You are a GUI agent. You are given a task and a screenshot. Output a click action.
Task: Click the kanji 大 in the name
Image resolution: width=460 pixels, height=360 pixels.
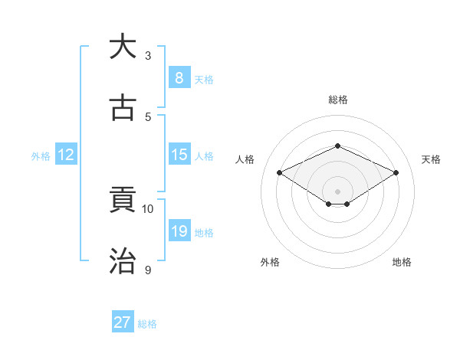[x=123, y=47]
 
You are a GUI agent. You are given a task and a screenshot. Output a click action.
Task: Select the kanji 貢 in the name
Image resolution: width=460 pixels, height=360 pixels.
[x=123, y=201]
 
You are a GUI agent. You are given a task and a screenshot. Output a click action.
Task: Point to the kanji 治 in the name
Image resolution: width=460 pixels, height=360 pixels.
[x=123, y=261]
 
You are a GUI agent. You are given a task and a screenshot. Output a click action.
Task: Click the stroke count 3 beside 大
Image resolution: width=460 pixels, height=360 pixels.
[x=148, y=56]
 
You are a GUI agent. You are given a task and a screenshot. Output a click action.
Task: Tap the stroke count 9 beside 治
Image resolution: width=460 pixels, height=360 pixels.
[x=148, y=270]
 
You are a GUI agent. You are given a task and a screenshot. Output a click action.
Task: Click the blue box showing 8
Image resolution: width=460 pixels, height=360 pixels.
[x=179, y=77]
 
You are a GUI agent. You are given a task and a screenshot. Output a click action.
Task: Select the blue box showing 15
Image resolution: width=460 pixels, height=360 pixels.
[x=179, y=155]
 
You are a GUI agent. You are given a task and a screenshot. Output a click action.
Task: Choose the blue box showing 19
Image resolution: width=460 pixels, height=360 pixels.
[x=179, y=231]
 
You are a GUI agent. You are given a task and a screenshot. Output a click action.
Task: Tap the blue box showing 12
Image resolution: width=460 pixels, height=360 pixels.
[x=66, y=155]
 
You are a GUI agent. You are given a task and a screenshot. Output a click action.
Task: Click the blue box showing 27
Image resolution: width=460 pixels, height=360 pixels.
[x=122, y=322]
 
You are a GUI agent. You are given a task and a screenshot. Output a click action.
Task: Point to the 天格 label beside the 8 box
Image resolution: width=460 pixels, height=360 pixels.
[x=204, y=79]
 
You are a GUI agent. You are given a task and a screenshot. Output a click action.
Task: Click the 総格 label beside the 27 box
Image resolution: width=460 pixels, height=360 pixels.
[x=147, y=324]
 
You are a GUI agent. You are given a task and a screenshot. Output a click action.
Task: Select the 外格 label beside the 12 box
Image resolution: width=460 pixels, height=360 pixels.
[x=41, y=156]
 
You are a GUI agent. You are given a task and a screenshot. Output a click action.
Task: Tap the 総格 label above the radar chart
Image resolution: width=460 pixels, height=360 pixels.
[x=337, y=100]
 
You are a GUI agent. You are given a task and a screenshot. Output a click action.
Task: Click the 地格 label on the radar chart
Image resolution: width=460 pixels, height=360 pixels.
[x=402, y=262]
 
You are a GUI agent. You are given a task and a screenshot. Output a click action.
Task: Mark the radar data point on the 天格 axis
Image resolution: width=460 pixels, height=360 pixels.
[x=396, y=173]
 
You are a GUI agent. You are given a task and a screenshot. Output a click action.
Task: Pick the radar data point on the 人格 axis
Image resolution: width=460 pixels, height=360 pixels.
[x=280, y=173]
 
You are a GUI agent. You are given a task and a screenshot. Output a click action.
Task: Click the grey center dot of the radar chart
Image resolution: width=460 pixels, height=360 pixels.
[x=337, y=191]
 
